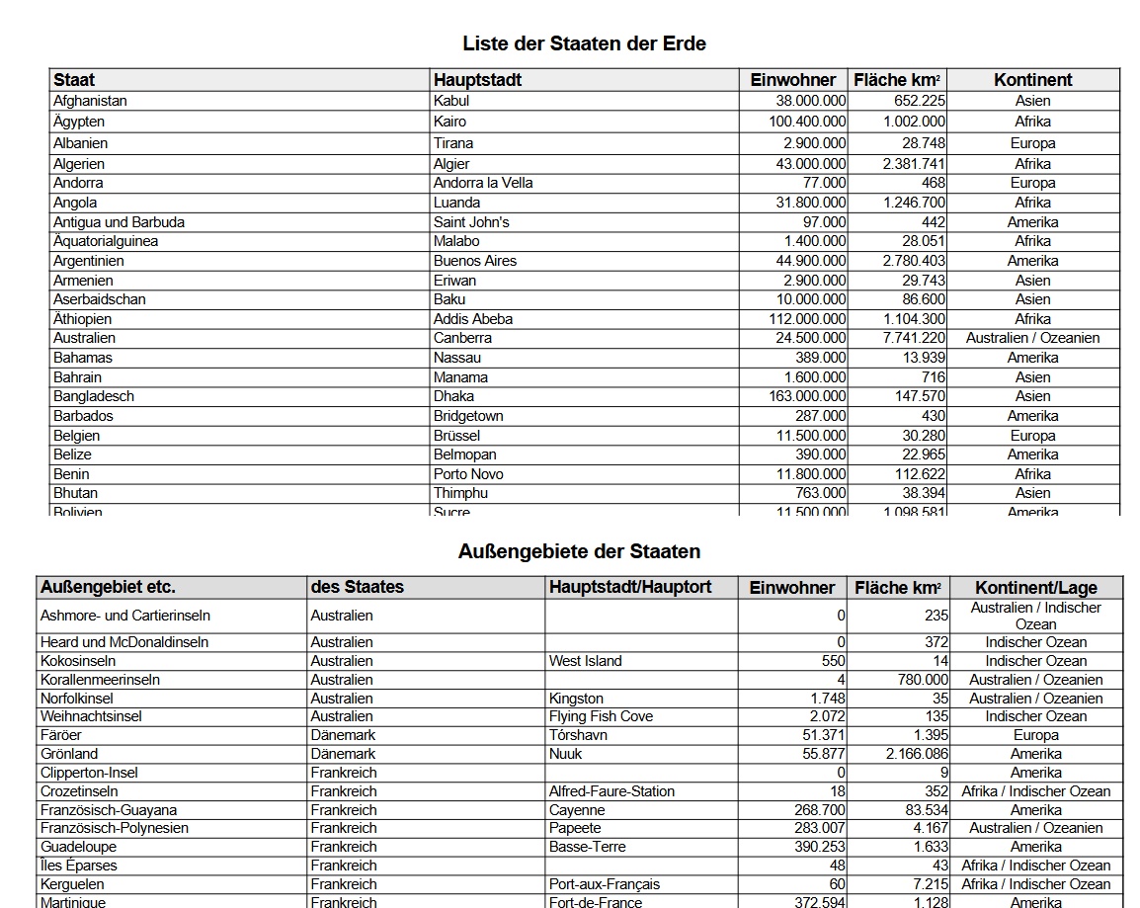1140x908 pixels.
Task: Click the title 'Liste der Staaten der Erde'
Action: (584, 43)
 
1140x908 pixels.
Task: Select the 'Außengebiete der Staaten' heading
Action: (579, 551)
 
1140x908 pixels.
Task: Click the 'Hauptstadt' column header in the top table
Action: (477, 80)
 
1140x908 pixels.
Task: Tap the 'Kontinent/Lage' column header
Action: (1035, 588)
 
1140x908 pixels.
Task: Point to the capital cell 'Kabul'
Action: (451, 101)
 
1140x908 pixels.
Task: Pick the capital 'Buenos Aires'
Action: (475, 261)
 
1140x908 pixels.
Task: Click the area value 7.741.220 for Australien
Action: (914, 338)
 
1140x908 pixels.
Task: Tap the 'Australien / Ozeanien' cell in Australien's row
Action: (1032, 338)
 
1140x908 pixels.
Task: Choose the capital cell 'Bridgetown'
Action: (468, 416)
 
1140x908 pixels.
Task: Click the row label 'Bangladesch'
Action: (94, 396)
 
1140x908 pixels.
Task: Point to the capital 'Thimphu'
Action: (460, 493)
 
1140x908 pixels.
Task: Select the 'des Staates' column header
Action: (357, 587)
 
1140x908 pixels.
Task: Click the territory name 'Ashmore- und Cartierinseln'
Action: (124, 616)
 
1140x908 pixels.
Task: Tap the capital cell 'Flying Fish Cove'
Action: (601, 716)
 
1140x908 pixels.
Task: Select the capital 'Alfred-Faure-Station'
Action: (611, 791)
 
